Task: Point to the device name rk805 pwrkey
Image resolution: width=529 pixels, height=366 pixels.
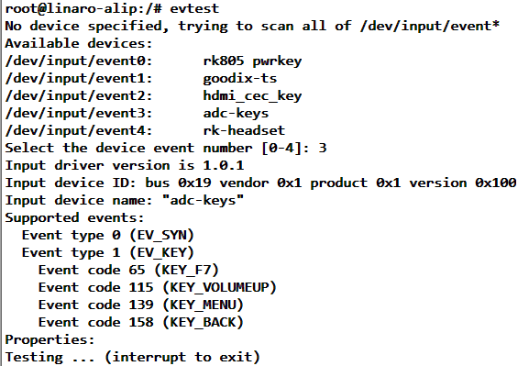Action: pos(252,61)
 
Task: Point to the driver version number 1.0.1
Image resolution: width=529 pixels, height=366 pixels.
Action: pos(223,166)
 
